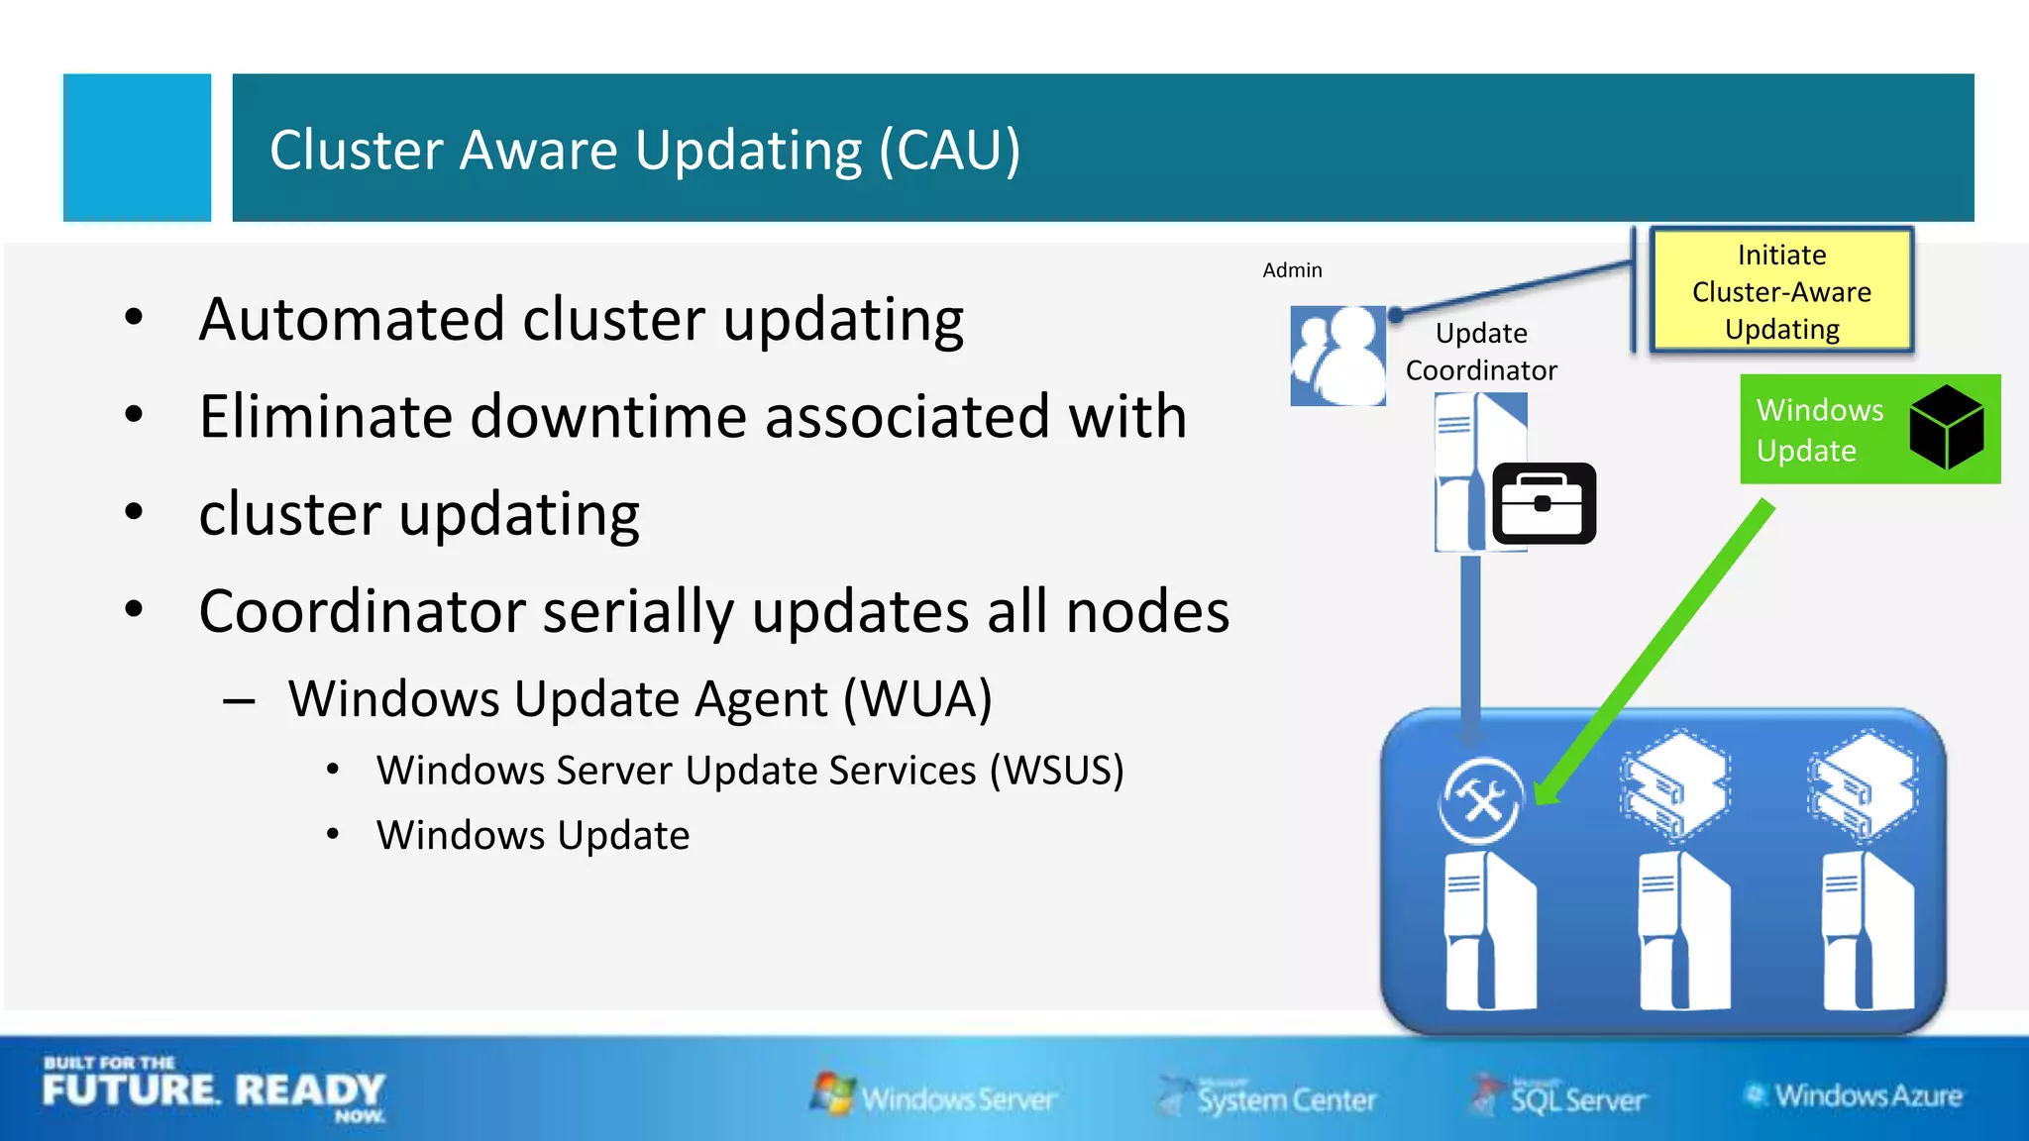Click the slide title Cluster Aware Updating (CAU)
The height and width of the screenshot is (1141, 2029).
click(x=644, y=150)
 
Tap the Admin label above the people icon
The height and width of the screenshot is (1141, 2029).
click(x=1292, y=270)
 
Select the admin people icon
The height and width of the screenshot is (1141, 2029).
click(x=1337, y=356)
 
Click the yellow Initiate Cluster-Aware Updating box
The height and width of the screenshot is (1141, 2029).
click(x=1781, y=291)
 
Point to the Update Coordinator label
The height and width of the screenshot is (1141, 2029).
click(x=1481, y=352)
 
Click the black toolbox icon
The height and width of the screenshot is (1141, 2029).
click(x=1544, y=503)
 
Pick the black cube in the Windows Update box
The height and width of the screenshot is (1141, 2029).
click(x=1946, y=427)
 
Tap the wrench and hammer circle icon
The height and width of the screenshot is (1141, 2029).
click(x=1481, y=800)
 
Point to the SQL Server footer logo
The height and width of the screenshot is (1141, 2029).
click(x=1559, y=1097)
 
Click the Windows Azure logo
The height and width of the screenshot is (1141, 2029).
click(x=1854, y=1095)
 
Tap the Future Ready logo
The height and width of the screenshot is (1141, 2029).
click(x=213, y=1089)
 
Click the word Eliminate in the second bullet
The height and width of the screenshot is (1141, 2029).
click(x=325, y=416)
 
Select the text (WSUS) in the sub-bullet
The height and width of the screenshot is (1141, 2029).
click(x=1057, y=771)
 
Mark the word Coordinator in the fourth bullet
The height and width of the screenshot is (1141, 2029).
click(x=361, y=611)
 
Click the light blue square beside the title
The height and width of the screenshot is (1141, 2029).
click(x=137, y=148)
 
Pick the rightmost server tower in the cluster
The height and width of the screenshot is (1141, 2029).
click(x=1868, y=931)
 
